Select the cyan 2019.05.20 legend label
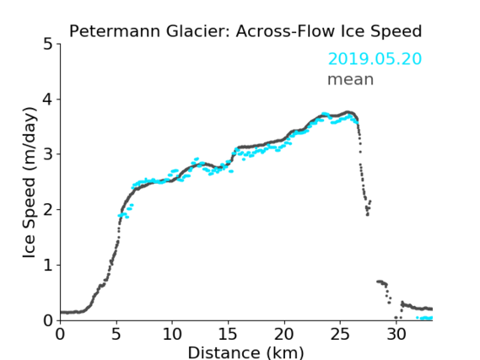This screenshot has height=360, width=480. [x=375, y=58]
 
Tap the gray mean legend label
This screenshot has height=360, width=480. [x=351, y=79]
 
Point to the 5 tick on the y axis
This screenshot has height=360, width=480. [x=48, y=45]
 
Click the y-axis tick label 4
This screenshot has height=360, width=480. [x=48, y=99]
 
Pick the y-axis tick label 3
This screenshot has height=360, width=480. [x=48, y=154]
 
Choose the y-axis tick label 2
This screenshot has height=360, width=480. [x=48, y=210]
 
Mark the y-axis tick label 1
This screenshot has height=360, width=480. [x=48, y=266]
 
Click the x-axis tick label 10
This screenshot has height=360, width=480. [x=172, y=334]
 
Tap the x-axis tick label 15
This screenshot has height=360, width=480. [x=228, y=334]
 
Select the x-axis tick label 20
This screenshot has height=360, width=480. [x=284, y=334]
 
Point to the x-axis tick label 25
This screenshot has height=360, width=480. [x=340, y=334]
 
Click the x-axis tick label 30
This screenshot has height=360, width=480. [x=396, y=334]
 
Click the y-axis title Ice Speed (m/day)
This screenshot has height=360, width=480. [x=30, y=183]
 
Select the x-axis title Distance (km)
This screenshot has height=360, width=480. [x=245, y=352]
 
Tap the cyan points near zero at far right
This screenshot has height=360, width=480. [x=425, y=318]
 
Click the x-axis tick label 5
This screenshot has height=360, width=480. [x=116, y=334]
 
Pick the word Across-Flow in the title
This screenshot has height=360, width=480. [x=283, y=31]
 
